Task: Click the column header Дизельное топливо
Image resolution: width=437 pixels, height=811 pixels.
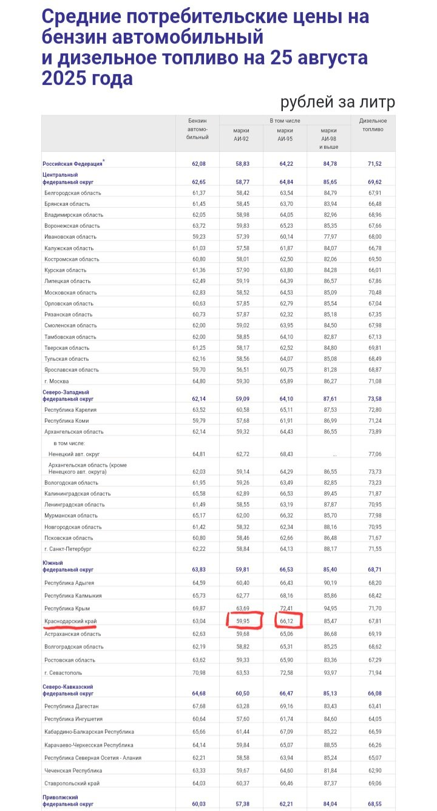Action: (373, 125)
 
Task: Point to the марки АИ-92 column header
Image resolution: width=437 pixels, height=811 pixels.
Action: (241, 134)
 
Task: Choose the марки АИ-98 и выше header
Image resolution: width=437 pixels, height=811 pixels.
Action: (329, 139)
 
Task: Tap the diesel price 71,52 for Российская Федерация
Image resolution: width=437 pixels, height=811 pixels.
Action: (373, 164)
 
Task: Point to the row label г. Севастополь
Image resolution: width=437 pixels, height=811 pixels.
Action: (63, 672)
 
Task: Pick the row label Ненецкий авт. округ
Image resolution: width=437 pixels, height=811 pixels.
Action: (74, 454)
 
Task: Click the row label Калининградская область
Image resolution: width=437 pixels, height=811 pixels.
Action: (78, 494)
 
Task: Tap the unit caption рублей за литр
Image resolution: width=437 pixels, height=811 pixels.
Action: (337, 103)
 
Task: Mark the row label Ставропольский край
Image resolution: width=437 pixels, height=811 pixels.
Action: (72, 784)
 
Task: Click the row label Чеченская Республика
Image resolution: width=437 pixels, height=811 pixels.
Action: (73, 770)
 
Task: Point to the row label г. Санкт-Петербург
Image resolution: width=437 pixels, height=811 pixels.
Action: (67, 549)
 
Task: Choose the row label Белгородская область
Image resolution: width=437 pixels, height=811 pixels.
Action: (73, 193)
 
